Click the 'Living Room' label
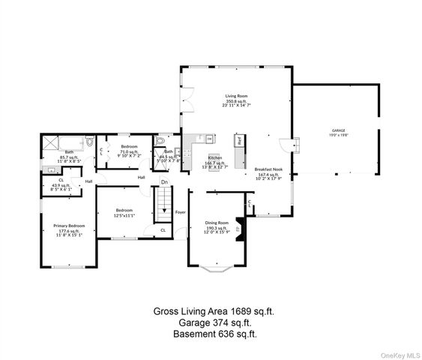237,96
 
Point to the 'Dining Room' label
217,223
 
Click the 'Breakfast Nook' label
268,169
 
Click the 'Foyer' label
181,211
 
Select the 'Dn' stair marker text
164,182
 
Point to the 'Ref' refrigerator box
239,140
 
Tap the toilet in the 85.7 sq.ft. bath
88,141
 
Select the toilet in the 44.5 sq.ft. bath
159,141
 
